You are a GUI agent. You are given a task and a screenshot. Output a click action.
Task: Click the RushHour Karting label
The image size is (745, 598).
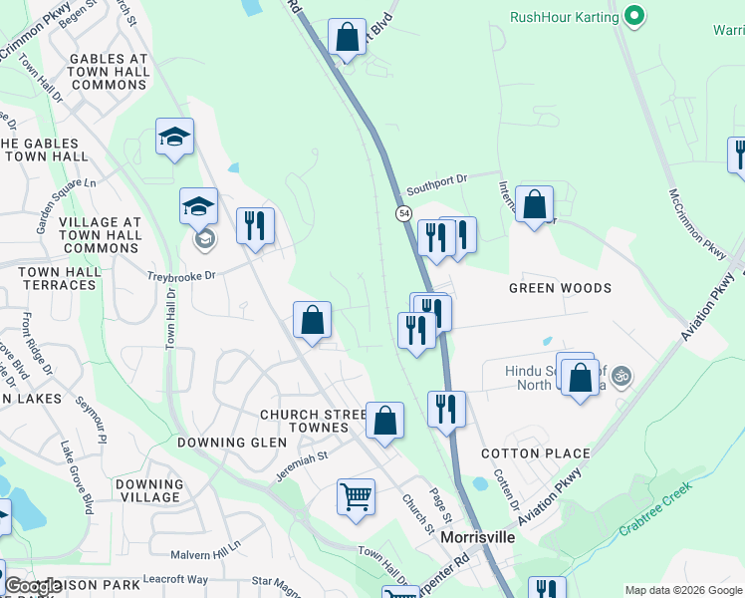point(563,17)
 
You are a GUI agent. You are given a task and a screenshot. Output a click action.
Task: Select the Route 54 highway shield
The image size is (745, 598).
point(403,213)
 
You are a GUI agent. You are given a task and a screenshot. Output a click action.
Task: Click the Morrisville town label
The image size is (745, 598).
point(478,537)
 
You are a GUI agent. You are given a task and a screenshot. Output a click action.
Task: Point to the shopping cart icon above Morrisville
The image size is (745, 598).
point(356,495)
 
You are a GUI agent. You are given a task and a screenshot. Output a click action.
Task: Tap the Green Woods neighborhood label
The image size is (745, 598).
point(560,288)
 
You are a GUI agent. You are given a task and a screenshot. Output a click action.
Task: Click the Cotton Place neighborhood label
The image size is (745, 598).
point(536,453)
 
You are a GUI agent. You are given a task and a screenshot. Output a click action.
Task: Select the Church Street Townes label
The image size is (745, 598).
point(305,421)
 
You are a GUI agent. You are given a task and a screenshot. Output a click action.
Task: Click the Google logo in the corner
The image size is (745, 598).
point(33,586)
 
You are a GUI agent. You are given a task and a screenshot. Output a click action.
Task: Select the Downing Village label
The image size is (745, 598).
point(148,490)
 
